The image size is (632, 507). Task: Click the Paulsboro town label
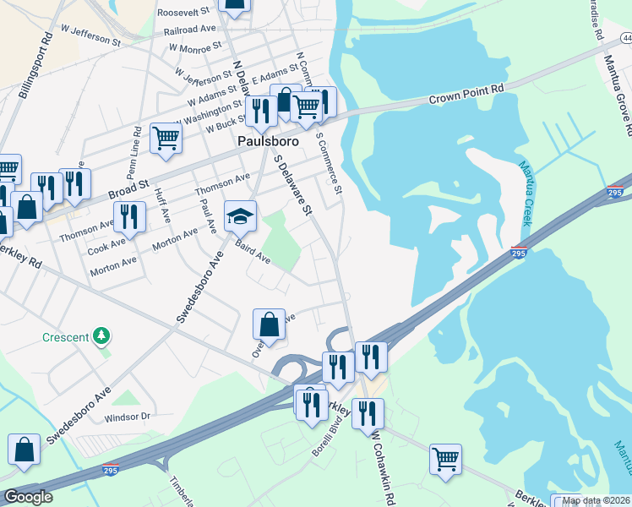coord(264,140)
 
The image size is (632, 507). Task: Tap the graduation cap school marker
coord(240,216)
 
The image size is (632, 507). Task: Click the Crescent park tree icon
coord(102,336)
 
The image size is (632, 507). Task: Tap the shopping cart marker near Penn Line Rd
coord(166,137)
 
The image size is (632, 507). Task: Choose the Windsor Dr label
coord(127,417)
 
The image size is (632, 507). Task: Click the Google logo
coord(28,497)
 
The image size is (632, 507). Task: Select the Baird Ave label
coord(253,252)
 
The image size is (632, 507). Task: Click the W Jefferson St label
coord(91,35)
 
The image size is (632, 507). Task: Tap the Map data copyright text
coord(596,500)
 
